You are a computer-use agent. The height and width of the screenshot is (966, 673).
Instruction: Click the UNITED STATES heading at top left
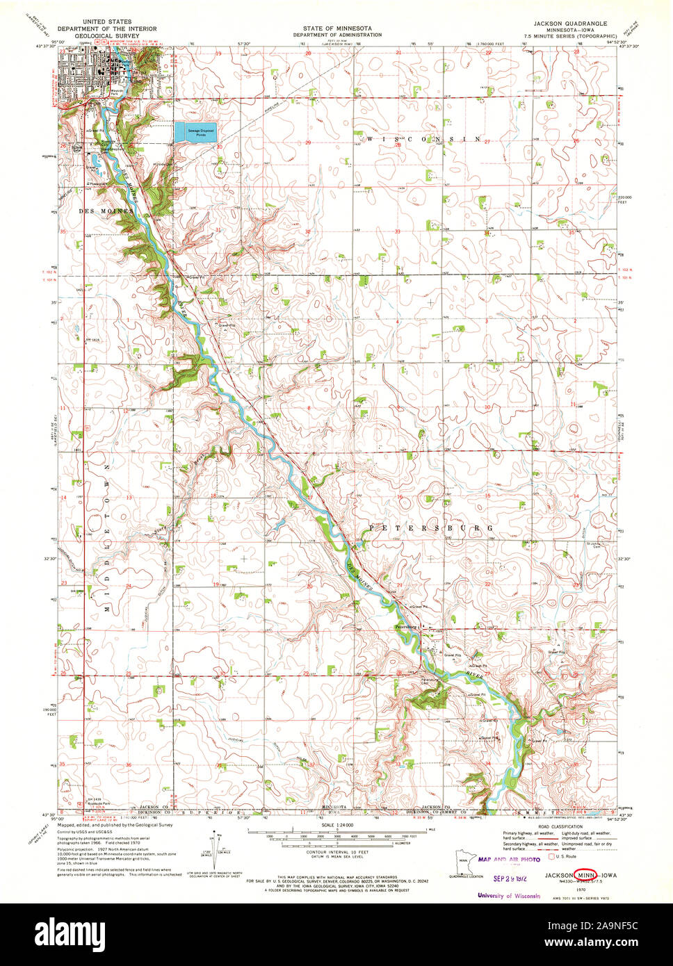(106, 22)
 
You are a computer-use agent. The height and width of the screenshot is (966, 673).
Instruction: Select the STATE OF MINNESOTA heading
(336, 28)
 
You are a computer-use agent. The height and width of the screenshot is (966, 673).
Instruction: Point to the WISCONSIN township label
(423, 140)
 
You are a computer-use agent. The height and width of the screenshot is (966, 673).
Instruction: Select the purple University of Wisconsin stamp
(509, 896)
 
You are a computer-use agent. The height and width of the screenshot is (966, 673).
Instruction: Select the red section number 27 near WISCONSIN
(489, 141)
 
